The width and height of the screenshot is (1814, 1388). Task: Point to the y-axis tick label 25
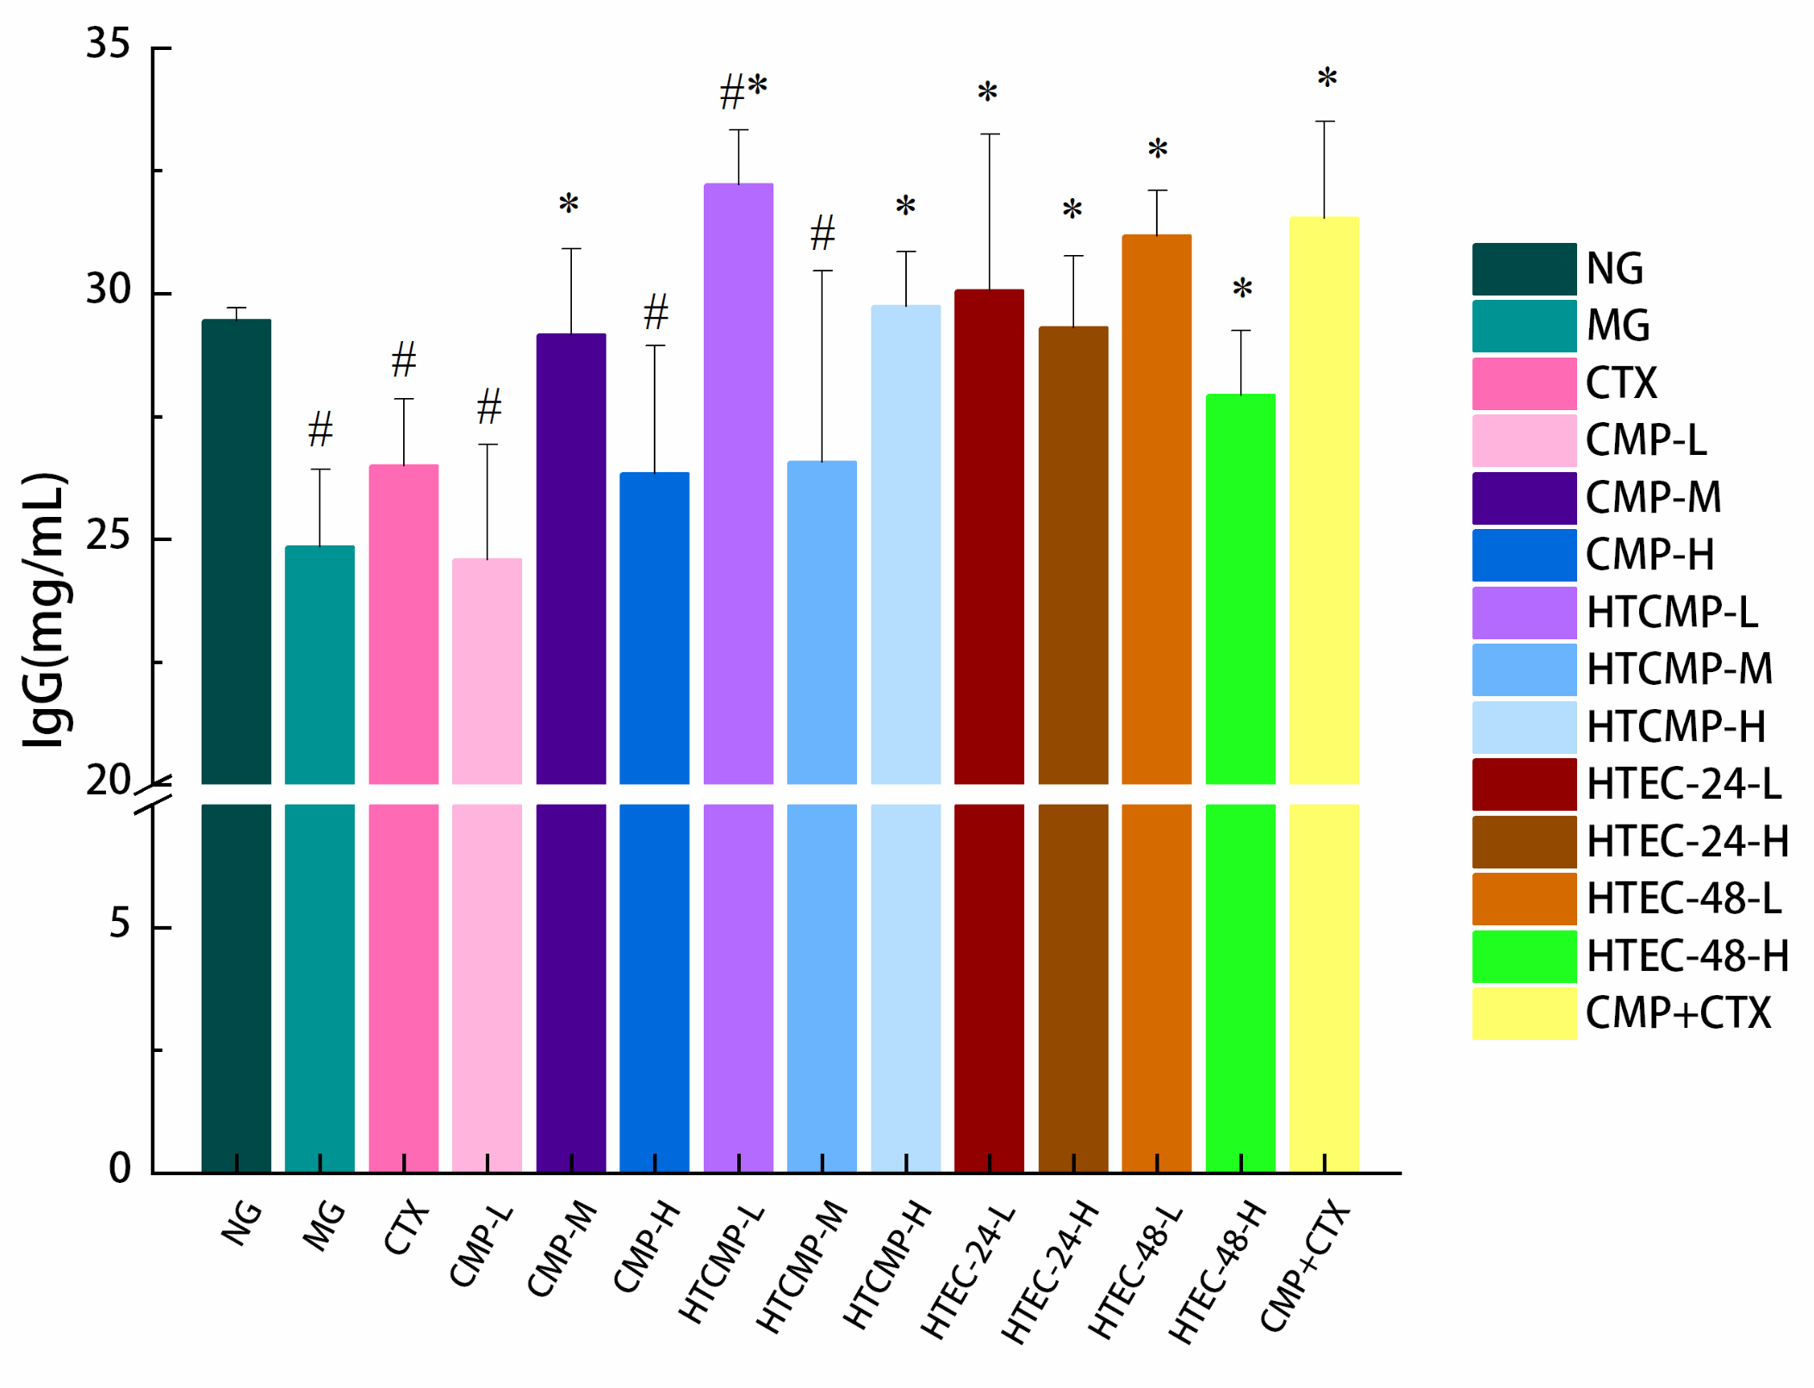108,536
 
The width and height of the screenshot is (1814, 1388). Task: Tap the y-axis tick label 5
119,924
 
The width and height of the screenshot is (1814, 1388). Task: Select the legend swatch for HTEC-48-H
1523,956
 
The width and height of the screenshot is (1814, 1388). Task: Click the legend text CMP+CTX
1677,1013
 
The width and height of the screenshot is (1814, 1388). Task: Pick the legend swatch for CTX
1523,383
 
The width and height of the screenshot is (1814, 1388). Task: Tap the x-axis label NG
241,1223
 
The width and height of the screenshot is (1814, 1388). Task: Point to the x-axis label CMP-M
562,1248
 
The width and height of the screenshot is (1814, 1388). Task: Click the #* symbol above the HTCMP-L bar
742,90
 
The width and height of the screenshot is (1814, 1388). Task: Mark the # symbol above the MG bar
320,429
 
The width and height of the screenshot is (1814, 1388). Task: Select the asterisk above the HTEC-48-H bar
1241,289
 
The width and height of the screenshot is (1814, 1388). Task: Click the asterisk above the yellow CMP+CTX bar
1326,79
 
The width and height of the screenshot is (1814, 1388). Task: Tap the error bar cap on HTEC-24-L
989,134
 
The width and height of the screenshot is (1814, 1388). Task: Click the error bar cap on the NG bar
236,308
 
